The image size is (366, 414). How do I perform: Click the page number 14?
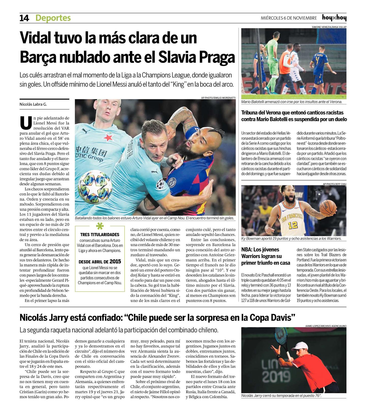pyautogui.click(x=24, y=18)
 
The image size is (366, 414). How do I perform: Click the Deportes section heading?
pyautogui.click(x=53, y=18)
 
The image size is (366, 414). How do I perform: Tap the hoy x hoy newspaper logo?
pyautogui.click(x=334, y=18)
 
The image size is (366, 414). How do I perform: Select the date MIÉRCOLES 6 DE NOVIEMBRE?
pyautogui.click(x=289, y=18)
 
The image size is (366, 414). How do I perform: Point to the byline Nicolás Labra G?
pyautogui.click(x=33, y=104)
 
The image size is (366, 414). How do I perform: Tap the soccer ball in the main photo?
pyautogui.click(x=95, y=187)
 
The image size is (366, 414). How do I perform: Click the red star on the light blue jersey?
pyautogui.click(x=109, y=137)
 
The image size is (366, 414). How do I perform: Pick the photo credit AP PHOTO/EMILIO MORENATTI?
pyautogui.click(x=218, y=98)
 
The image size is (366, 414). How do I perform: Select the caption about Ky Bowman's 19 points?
pyautogui.click(x=291, y=239)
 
